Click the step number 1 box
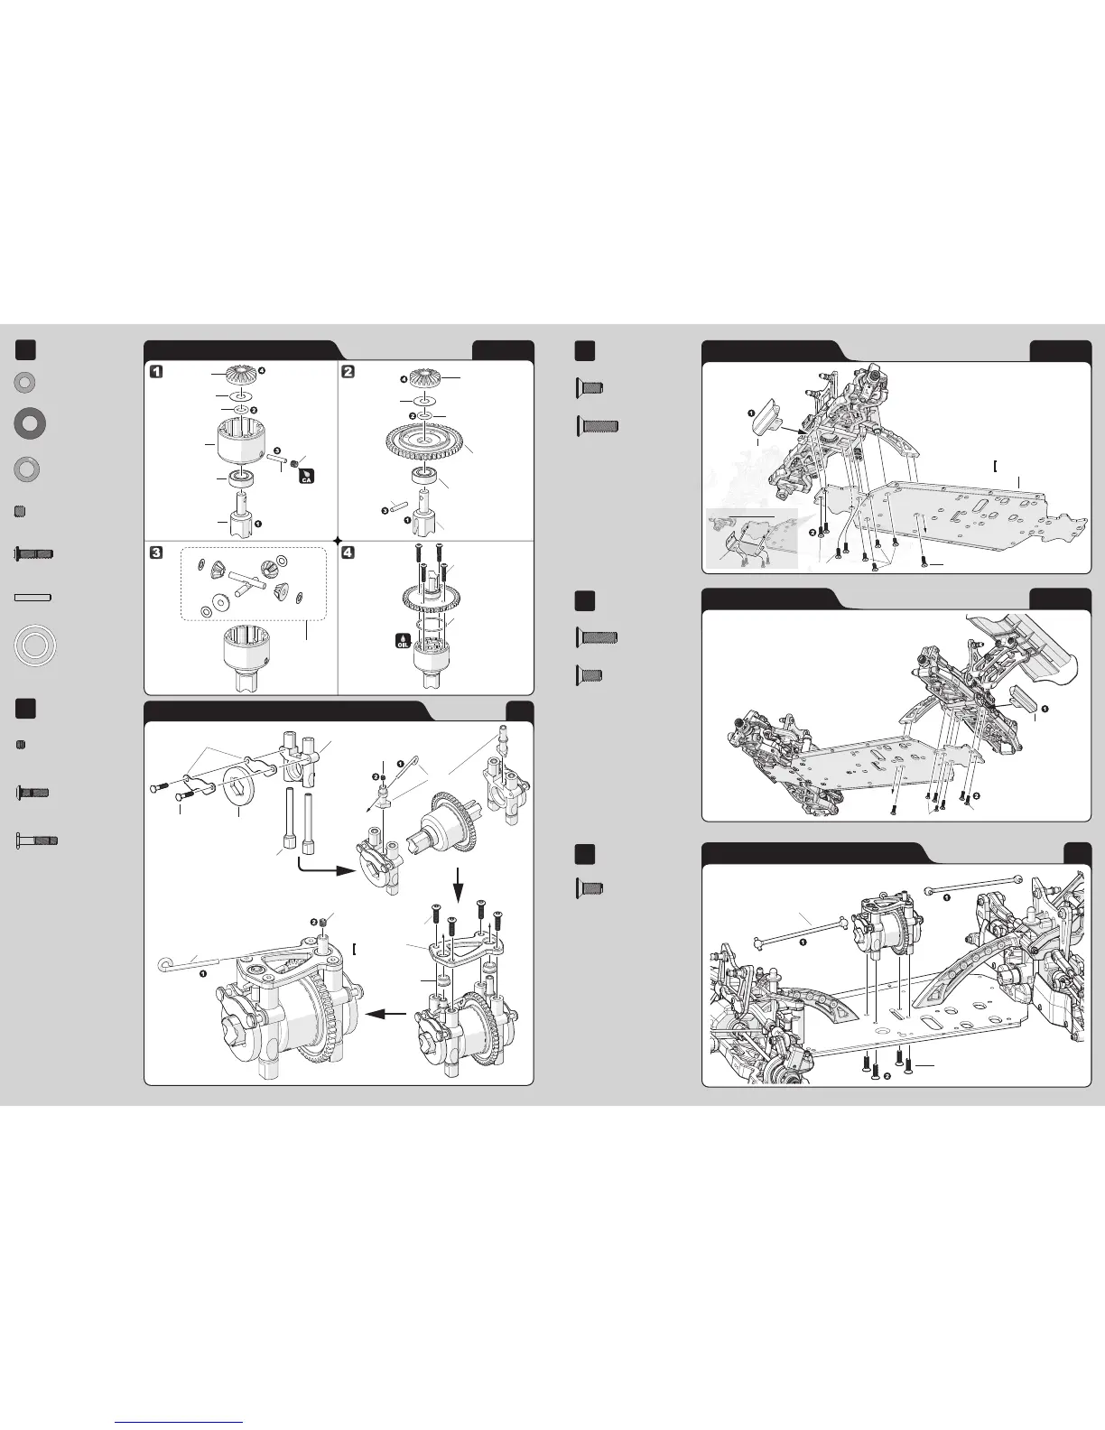pyautogui.click(x=157, y=371)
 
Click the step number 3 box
pyautogui.click(x=157, y=552)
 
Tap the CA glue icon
pyautogui.click(x=307, y=476)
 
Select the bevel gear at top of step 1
pyautogui.click(x=243, y=375)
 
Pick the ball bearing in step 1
pyautogui.click(x=242, y=478)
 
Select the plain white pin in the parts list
pyautogui.click(x=32, y=598)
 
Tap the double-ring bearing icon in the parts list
pyautogui.click(x=35, y=645)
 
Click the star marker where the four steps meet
pyautogui.click(x=339, y=540)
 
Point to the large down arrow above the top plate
pyautogui.click(x=459, y=885)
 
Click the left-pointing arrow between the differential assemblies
pyautogui.click(x=385, y=1015)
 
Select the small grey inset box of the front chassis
pyautogui.click(x=752, y=538)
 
